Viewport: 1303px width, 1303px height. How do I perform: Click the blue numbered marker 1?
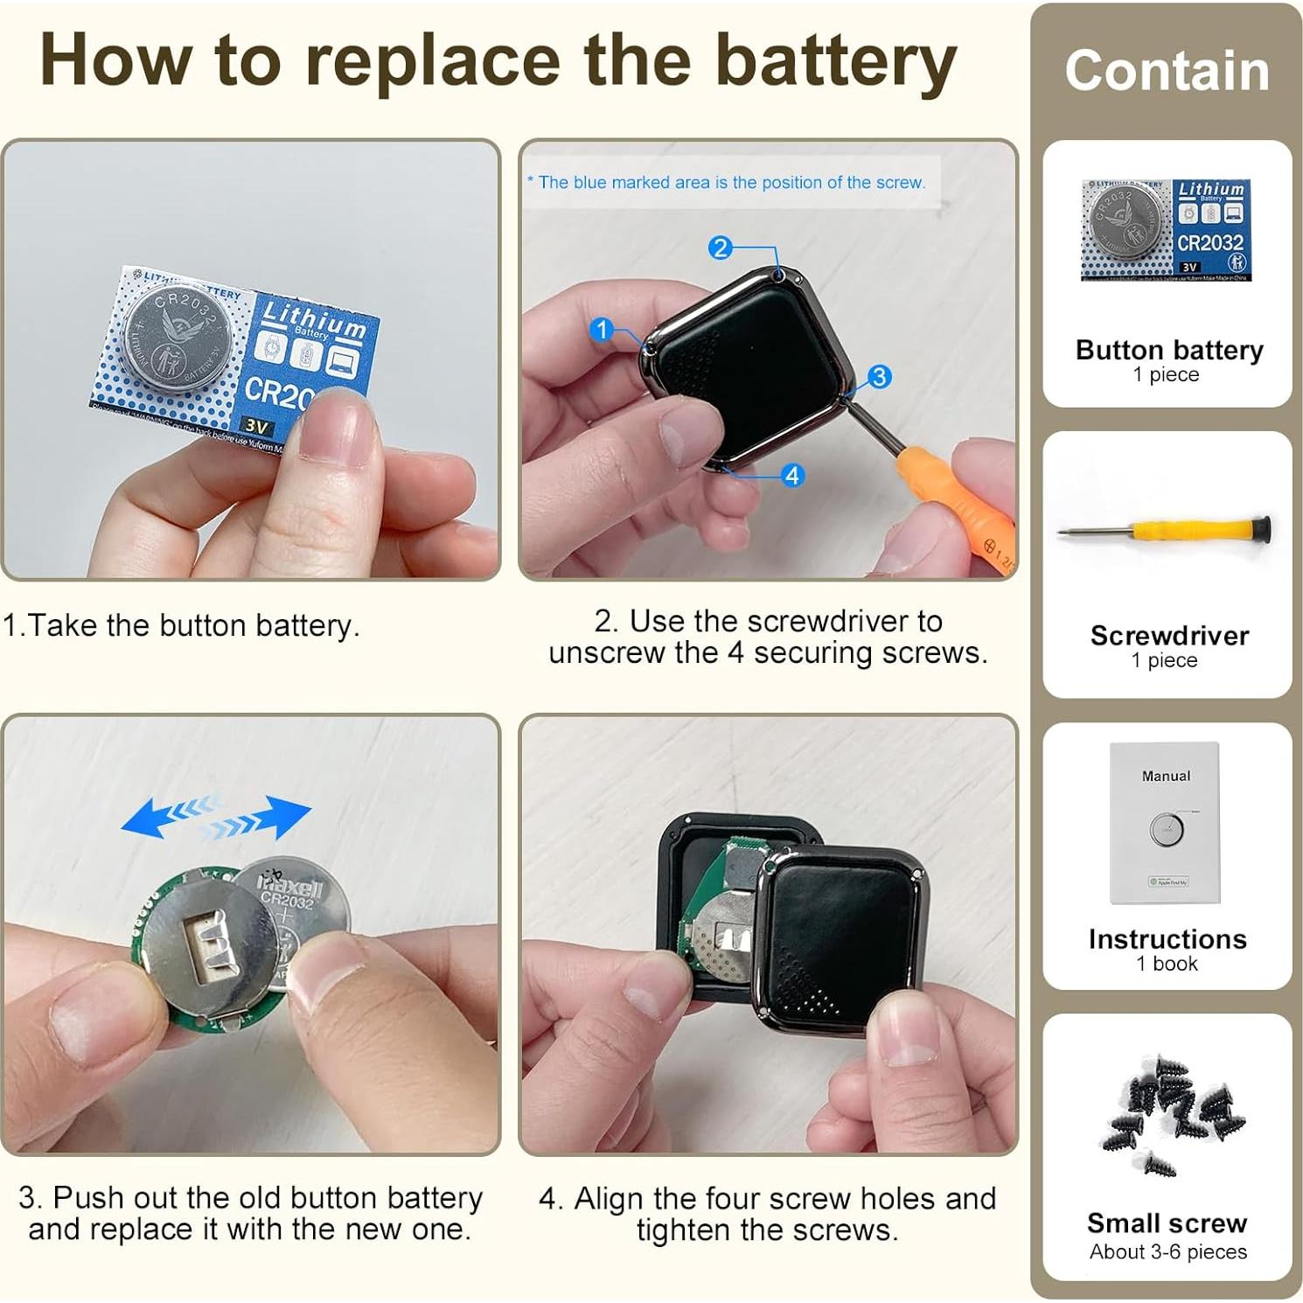pos(601,330)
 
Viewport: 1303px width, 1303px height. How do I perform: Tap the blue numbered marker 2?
pos(720,247)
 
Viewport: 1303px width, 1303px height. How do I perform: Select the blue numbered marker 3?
pos(879,377)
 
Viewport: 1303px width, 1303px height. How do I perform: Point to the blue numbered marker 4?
pos(792,476)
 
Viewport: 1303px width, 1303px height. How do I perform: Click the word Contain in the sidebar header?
pos(1167,71)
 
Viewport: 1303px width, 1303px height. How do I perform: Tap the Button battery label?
pos(1168,350)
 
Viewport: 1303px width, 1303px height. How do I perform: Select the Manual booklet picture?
pos(1165,823)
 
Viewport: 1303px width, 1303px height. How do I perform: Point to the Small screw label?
pos(1167,1223)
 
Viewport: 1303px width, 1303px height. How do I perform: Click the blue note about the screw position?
pos(726,182)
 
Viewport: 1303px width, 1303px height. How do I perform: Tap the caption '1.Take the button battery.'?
pos(181,626)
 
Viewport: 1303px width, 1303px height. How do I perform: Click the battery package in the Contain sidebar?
pos(1166,230)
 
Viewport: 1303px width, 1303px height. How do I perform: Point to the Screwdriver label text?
pos(1168,636)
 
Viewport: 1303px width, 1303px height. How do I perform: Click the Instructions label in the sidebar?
pos(1167,939)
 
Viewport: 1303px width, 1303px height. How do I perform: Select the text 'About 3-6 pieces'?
pos(1167,1252)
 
